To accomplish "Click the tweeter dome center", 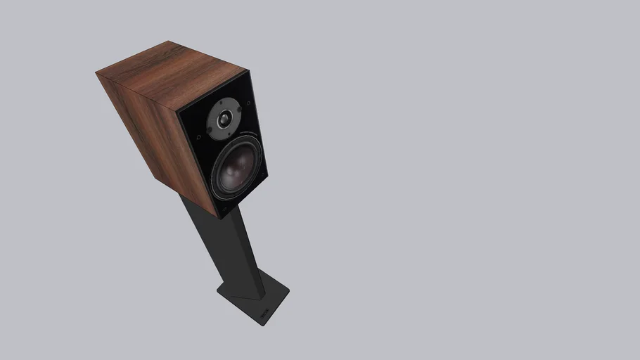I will [224, 120].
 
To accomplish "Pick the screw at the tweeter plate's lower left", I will [208, 134].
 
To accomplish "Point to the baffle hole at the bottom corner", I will [224, 207].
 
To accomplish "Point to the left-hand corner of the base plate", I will [217, 288].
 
